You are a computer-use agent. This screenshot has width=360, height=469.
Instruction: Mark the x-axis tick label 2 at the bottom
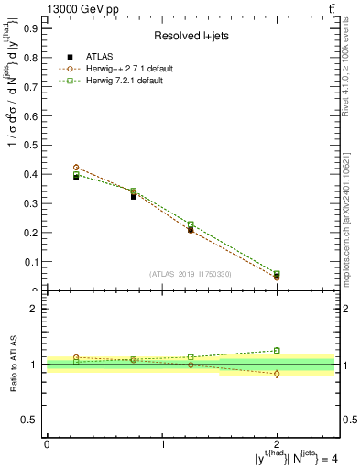click(278, 443)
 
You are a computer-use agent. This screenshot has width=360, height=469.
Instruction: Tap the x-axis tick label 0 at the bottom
click(47, 443)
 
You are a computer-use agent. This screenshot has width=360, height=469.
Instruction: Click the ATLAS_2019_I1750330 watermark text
click(191, 273)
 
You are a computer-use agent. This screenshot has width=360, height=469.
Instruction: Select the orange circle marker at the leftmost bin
click(76, 168)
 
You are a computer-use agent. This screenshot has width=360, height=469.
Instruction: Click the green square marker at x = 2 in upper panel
click(278, 273)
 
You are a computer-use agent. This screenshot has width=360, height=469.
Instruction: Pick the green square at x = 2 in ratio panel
click(278, 350)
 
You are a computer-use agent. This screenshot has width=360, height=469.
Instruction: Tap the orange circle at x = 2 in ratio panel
click(278, 374)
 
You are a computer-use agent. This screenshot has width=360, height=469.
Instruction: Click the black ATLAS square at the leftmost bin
click(76, 177)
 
